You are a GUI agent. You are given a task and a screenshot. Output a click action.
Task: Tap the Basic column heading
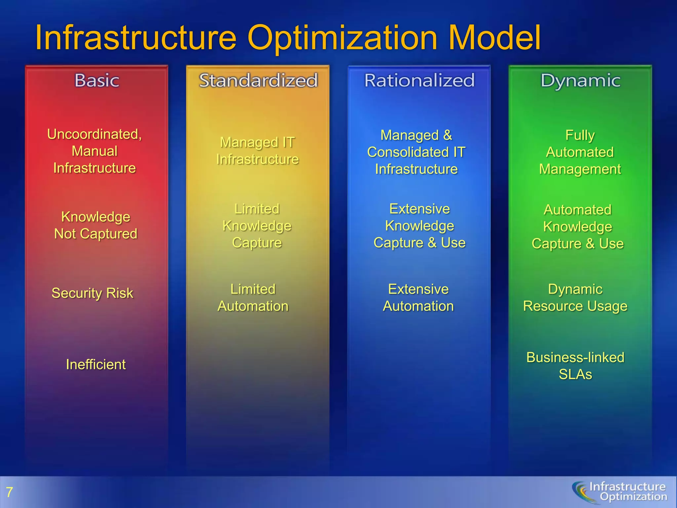click(97, 80)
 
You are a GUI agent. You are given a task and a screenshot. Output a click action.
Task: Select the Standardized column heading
click(258, 80)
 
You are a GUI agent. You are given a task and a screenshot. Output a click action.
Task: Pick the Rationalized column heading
click(419, 80)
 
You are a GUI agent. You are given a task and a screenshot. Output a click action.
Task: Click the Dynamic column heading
click(580, 80)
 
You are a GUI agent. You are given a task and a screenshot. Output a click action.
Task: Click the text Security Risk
click(92, 293)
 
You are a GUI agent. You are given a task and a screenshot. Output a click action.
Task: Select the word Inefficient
click(96, 364)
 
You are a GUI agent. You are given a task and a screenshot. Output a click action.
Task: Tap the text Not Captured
click(96, 234)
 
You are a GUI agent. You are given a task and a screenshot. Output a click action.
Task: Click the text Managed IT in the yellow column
click(257, 143)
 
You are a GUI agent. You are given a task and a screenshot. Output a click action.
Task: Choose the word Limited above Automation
click(253, 289)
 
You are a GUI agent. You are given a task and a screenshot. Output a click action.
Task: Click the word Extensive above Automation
click(418, 289)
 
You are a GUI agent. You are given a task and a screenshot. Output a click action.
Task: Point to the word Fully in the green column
click(580, 135)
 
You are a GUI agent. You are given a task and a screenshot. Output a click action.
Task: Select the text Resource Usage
click(575, 306)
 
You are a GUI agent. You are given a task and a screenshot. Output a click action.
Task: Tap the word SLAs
click(575, 374)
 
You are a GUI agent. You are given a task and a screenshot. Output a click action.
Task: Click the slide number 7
click(9, 492)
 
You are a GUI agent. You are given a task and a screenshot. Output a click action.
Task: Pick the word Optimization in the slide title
click(342, 38)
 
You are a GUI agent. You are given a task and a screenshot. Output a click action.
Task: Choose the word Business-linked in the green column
click(575, 358)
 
